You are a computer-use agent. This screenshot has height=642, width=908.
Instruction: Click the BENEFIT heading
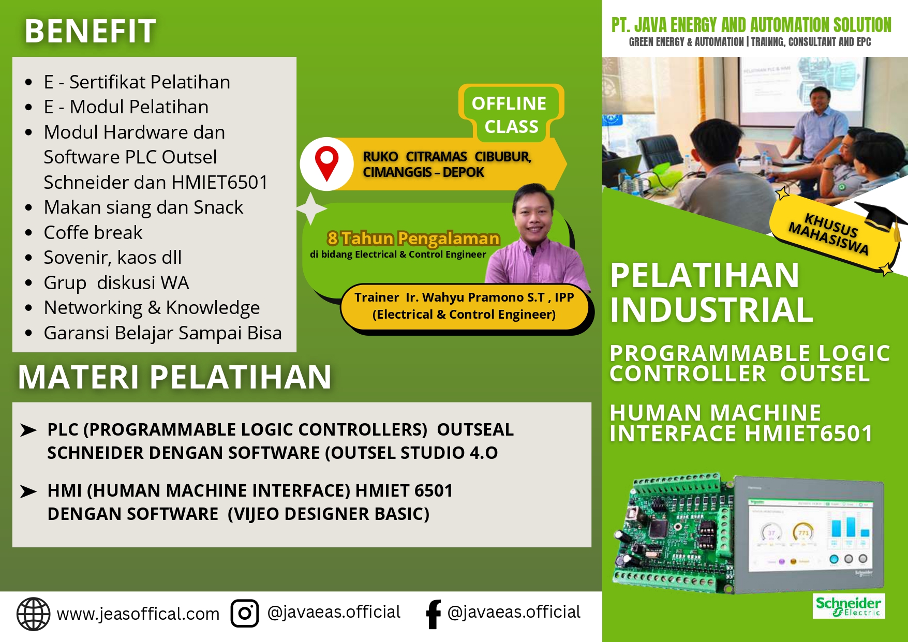90,31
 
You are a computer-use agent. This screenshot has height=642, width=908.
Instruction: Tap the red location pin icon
326,163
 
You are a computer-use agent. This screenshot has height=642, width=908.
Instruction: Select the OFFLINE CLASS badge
510,114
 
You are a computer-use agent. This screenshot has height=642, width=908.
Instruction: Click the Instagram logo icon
245,614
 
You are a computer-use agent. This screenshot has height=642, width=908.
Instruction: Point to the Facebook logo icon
433,614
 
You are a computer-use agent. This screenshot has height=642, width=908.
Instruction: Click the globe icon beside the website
34,614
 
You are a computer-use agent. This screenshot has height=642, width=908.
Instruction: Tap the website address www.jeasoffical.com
138,614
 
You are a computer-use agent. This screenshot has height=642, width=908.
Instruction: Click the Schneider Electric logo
849,606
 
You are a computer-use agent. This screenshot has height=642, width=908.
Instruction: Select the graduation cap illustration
883,217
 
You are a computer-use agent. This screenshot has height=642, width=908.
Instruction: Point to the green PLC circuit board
673,533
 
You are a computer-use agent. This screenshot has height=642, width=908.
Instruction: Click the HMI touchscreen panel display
810,535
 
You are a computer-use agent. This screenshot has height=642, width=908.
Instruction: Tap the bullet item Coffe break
93,233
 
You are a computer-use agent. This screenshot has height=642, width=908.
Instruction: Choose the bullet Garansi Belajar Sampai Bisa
162,333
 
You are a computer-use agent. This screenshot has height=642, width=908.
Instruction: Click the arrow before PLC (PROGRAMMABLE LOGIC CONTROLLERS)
28,430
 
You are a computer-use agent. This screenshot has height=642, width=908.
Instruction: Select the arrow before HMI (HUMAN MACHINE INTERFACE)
28,491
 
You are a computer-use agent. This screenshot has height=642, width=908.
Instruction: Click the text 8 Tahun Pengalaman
413,238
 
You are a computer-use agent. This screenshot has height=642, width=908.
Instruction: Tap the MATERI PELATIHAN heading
174,377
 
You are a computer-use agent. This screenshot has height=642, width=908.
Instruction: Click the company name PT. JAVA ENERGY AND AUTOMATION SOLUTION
751,25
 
